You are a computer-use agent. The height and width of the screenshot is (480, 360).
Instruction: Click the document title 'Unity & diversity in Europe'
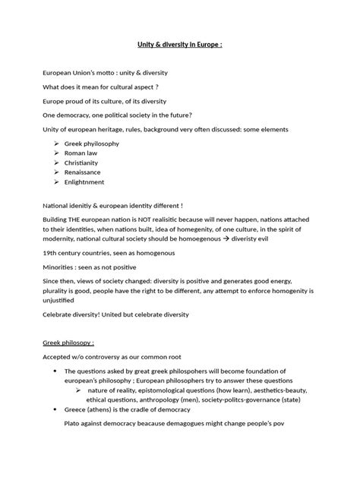tap(179, 44)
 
